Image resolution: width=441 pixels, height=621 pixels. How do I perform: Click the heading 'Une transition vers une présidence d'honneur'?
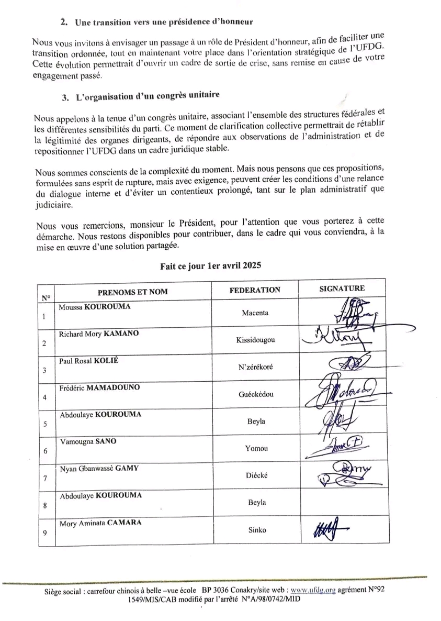(164, 23)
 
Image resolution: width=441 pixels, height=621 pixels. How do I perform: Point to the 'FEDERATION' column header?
(255, 290)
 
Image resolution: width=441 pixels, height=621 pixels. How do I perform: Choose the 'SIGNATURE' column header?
(342, 288)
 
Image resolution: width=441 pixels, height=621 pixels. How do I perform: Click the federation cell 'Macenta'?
(255, 313)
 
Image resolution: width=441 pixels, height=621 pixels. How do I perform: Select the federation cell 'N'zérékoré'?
(255, 367)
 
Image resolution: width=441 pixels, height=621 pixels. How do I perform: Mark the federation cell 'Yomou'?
(255, 448)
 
